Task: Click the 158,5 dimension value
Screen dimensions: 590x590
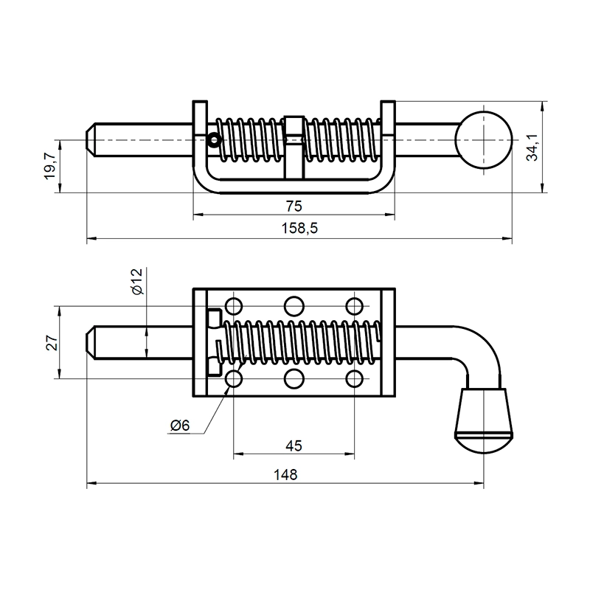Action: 299,229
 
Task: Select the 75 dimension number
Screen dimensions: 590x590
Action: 294,205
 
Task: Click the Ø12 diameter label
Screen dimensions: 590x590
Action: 136,282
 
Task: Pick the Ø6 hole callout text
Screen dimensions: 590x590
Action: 179,426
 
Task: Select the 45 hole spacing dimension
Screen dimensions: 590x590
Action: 294,445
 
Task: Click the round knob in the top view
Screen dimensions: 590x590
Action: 483,139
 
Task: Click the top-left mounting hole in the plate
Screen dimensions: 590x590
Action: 235,305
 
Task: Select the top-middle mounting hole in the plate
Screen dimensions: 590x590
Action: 294,305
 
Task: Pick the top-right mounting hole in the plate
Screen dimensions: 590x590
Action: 355,305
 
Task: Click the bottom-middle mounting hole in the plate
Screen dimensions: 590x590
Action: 294,379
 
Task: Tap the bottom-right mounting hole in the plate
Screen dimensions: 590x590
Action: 355,379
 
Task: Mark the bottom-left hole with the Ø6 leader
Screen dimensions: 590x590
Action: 235,379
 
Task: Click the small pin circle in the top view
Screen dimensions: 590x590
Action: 214,139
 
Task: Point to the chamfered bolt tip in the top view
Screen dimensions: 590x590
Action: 92,139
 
